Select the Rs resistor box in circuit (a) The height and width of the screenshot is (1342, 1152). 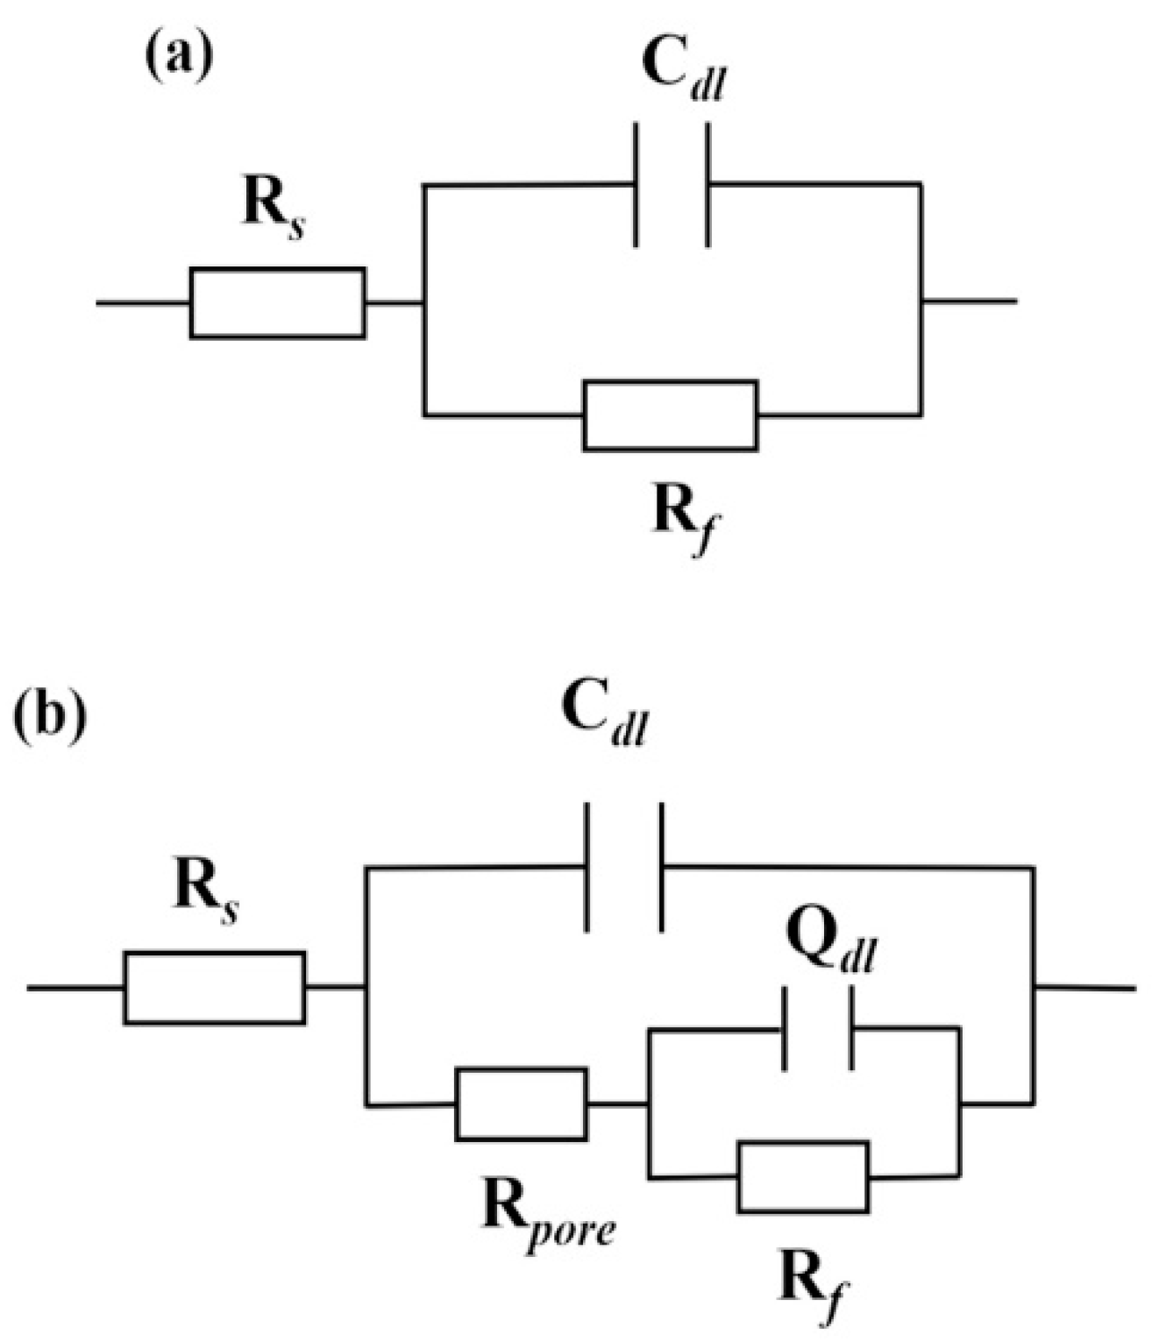277,302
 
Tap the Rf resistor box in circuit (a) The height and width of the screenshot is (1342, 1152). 670,415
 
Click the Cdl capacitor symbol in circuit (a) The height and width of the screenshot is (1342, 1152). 672,184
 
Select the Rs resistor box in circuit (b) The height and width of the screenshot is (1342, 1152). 215,987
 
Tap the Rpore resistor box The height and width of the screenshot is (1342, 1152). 521,1104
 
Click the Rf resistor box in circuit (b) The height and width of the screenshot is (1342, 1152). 803,1177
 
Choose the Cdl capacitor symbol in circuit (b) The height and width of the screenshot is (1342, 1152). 623,866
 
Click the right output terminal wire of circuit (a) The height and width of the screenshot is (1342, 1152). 969,301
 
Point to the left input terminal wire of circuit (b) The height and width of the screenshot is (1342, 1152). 75,988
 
